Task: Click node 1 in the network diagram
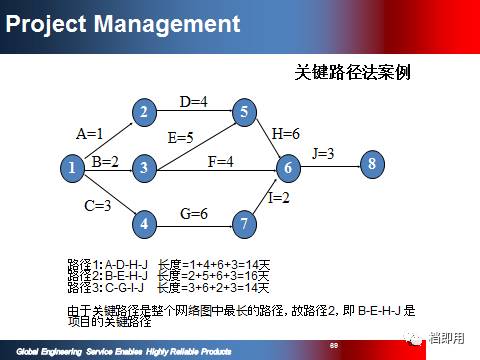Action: point(71,169)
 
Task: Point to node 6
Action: point(287,169)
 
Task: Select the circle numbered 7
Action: point(244,224)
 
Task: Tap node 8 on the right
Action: point(372,164)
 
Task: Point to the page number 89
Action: point(335,343)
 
